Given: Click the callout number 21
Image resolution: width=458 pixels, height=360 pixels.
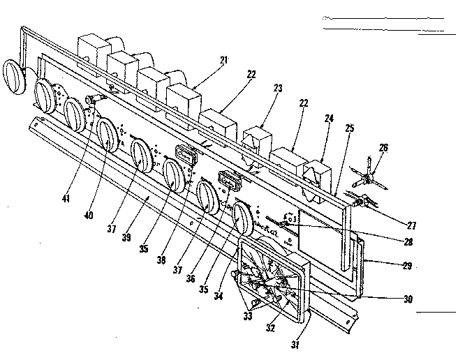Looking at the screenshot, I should pos(223,61).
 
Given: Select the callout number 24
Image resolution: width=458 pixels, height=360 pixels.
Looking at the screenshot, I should pos(329,119).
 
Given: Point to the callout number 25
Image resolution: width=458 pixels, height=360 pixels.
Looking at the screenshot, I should pos(349,128).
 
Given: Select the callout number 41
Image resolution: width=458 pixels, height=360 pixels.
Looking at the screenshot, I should pos(66,199).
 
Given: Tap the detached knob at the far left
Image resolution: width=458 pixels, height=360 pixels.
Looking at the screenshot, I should pos(13,75).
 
